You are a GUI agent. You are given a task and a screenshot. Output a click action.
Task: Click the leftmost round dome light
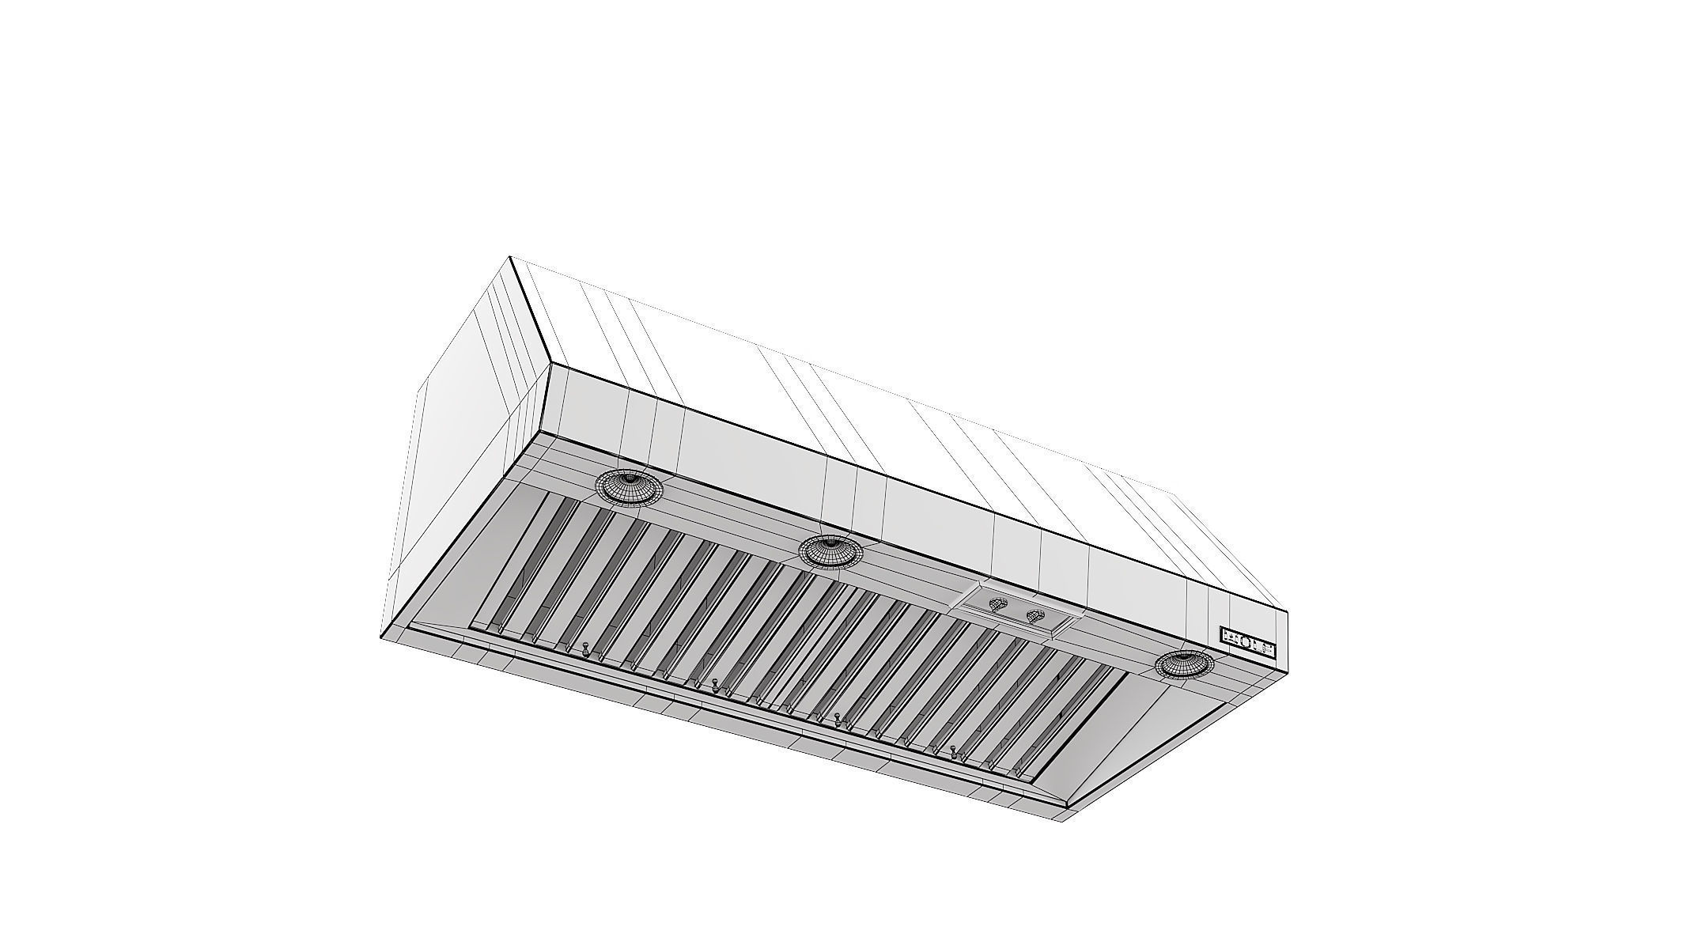[x=629, y=487]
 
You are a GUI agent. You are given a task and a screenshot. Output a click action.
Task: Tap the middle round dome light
[x=830, y=550]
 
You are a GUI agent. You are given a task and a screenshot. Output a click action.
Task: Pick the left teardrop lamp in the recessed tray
[x=999, y=604]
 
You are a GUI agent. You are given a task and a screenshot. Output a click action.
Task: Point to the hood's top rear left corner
[x=510, y=256]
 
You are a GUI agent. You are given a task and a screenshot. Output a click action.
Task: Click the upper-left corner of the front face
[x=550, y=363]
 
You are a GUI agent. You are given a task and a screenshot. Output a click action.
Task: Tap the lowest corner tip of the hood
[x=1065, y=819]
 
